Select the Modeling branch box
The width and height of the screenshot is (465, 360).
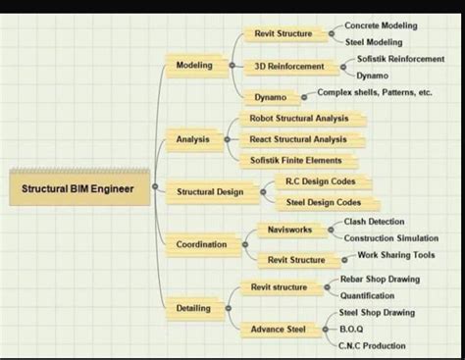tap(194, 65)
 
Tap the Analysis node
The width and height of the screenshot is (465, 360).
tap(192, 139)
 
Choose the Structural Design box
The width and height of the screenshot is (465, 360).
tap(209, 192)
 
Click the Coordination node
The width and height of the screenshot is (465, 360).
tap(201, 243)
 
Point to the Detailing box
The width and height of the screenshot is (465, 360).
tap(193, 308)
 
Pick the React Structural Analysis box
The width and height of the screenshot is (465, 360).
tap(297, 139)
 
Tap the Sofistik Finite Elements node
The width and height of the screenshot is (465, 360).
tap(296, 160)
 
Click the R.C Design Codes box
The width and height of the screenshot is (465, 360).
tap(320, 181)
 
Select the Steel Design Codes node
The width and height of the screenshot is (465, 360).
tap(323, 202)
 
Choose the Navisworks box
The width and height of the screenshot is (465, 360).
tap(289, 230)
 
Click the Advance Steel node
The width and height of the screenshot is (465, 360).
tap(279, 329)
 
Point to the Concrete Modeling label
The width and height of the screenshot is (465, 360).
tap(381, 25)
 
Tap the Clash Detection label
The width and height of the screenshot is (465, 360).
tap(374, 222)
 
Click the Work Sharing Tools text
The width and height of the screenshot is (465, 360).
tap(395, 255)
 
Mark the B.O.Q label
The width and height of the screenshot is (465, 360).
tap(351, 329)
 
